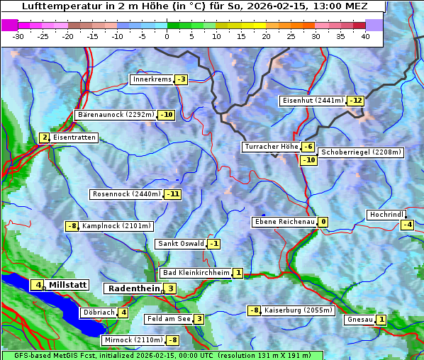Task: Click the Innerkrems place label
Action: click(x=152, y=79)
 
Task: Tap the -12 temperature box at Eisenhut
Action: click(x=356, y=101)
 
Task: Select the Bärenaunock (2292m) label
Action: click(x=115, y=115)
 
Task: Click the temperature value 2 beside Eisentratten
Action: click(x=44, y=137)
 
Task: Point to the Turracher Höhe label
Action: click(x=270, y=147)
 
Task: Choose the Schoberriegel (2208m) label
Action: click(x=361, y=152)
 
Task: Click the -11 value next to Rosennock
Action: click(x=172, y=194)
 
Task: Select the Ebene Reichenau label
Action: click(x=284, y=222)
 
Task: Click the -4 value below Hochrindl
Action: click(x=407, y=225)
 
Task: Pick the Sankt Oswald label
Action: click(x=181, y=244)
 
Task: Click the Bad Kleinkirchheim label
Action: click(x=196, y=273)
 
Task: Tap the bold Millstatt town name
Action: click(x=68, y=285)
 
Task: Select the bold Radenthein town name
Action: click(x=133, y=288)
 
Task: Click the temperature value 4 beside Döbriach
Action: click(x=123, y=313)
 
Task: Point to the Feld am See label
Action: click(x=169, y=319)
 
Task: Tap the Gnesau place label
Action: click(x=359, y=320)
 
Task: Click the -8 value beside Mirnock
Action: click(x=172, y=340)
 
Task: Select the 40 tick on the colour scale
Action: click(x=365, y=36)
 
